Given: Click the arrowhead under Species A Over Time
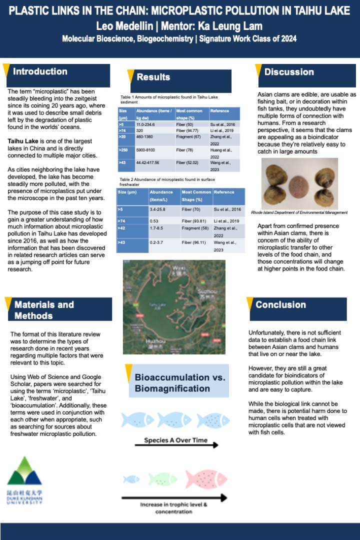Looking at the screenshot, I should (x=215, y=444).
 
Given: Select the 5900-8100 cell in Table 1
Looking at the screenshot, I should (x=149, y=149).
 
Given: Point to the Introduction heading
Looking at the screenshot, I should (x=40, y=71).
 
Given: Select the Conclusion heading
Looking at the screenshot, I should (x=280, y=304).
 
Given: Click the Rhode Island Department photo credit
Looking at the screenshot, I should (x=299, y=212).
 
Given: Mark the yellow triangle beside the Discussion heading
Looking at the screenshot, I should (x=259, y=70).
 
